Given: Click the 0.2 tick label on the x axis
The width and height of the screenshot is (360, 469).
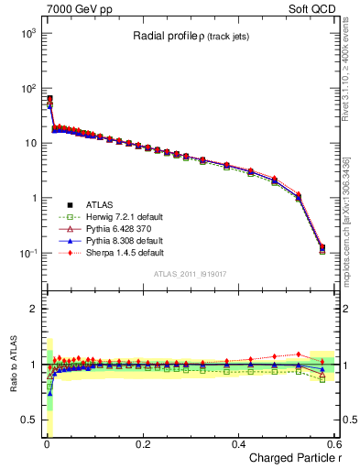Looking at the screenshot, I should pos(143,444).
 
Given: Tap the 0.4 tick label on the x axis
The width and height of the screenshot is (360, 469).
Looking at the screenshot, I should pos(238,444).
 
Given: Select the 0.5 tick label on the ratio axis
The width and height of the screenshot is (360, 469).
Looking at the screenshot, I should pos(27,420).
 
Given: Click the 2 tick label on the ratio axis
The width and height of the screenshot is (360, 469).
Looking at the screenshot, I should pos(32,309).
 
